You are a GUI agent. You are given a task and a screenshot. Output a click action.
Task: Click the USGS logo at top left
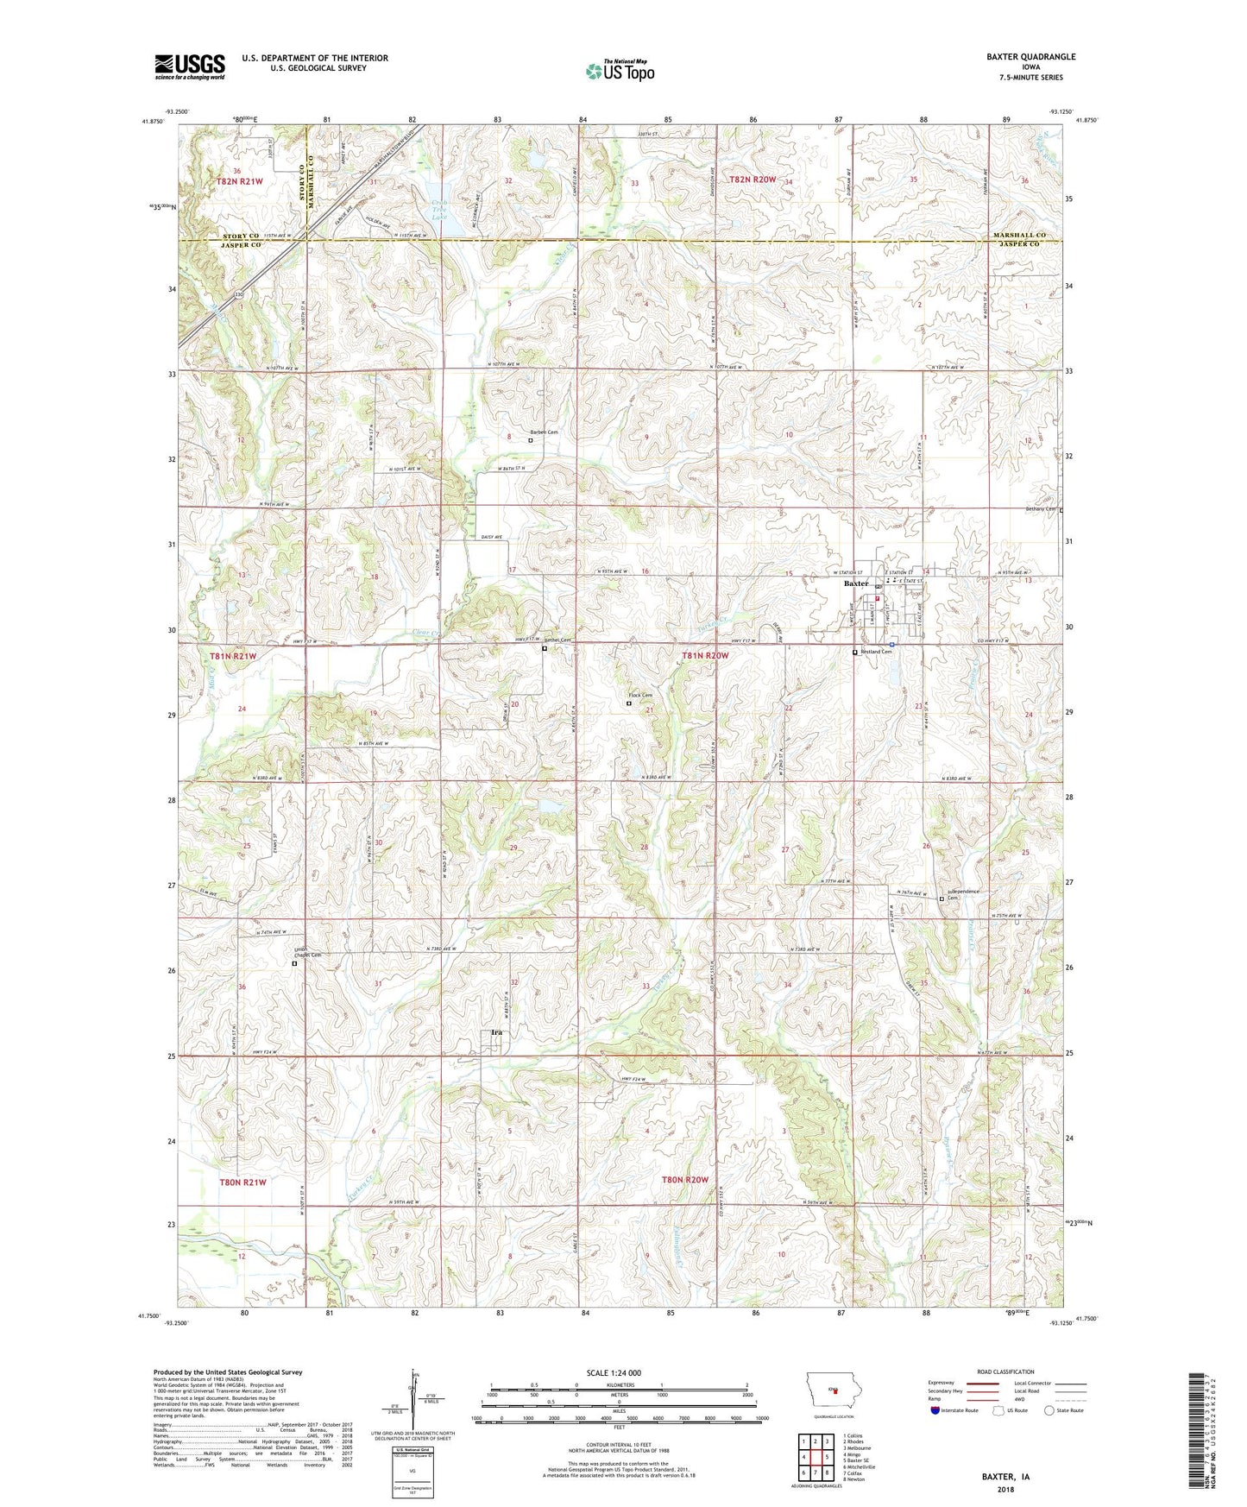[x=190, y=66]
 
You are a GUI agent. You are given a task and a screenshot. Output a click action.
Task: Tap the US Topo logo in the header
[x=620, y=71]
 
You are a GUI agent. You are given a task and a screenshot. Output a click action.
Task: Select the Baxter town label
[x=856, y=583]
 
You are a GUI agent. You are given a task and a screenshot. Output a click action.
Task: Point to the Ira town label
[x=496, y=1032]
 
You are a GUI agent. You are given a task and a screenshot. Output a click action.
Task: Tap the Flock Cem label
[x=640, y=696]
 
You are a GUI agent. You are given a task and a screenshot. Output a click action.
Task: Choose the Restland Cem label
[x=875, y=652]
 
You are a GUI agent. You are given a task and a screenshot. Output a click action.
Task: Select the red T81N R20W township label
[x=705, y=656]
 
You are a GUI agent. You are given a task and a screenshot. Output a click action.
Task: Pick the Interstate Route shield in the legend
[x=936, y=1410]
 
